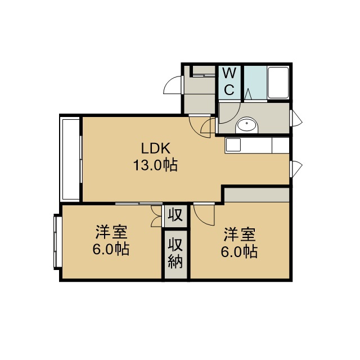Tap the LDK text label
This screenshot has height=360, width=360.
coord(156,148)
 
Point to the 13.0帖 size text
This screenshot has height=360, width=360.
coord(156,165)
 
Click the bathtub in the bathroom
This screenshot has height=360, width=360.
coord(278,83)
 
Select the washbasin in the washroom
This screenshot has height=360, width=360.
coord(247,125)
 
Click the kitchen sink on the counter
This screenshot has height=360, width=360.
coord(233,145)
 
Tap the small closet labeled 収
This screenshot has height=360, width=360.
coord(175,215)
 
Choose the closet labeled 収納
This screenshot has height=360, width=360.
coord(175,254)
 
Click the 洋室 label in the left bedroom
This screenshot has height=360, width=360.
coord(111,232)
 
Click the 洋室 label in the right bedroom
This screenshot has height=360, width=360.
coord(240,234)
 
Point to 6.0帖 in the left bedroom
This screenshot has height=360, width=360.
coord(111,249)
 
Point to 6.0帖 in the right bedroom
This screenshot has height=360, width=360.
coord(239,251)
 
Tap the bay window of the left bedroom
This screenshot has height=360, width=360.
coord(57,241)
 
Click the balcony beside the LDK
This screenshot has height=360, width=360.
coord(70,159)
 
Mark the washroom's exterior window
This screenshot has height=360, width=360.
coord(296,118)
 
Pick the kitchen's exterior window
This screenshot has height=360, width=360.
coord(296,169)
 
